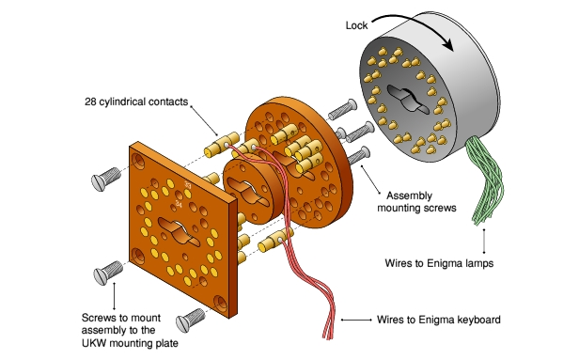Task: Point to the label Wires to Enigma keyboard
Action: tap(439, 321)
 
